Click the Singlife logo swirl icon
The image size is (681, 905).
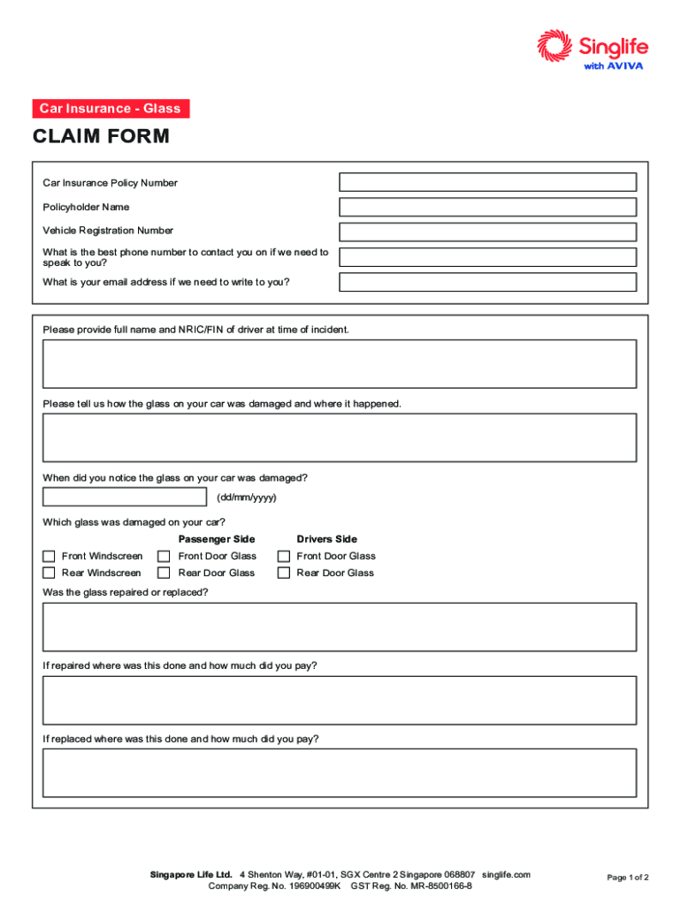point(555,47)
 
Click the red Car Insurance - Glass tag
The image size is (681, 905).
point(111,109)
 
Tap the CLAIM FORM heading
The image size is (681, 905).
point(101,137)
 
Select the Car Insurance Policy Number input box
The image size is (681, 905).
point(487,182)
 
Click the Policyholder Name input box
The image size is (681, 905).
point(487,207)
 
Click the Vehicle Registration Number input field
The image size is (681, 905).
point(487,232)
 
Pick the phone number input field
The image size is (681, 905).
point(487,257)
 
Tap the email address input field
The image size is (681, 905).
point(487,282)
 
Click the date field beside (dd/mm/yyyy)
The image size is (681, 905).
point(125,498)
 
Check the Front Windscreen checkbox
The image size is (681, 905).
point(50,556)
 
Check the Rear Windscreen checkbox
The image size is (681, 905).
point(50,573)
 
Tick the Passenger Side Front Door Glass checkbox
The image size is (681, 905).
point(164,556)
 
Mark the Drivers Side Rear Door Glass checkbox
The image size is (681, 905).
point(284,573)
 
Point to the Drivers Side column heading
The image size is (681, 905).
point(326,539)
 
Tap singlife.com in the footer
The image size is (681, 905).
point(506,874)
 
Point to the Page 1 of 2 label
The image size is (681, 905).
point(628,878)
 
